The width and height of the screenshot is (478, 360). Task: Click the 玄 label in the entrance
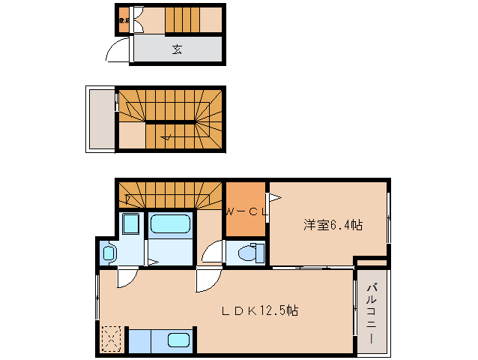177,50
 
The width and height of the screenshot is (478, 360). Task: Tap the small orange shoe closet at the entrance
124,21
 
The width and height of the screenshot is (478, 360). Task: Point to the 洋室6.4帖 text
333,224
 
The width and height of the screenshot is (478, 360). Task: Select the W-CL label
246,212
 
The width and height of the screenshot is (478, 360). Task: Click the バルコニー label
372,313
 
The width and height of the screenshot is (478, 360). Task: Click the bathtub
171,223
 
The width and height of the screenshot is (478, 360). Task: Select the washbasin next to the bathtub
130,224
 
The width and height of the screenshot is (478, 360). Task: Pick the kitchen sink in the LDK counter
178,340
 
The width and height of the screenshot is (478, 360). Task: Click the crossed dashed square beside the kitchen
112,339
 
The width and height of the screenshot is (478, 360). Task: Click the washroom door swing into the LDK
124,277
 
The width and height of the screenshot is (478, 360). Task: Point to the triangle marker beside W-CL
275,198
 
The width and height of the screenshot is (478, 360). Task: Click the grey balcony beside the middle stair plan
100,119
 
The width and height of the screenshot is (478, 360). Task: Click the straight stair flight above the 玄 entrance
193,19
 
